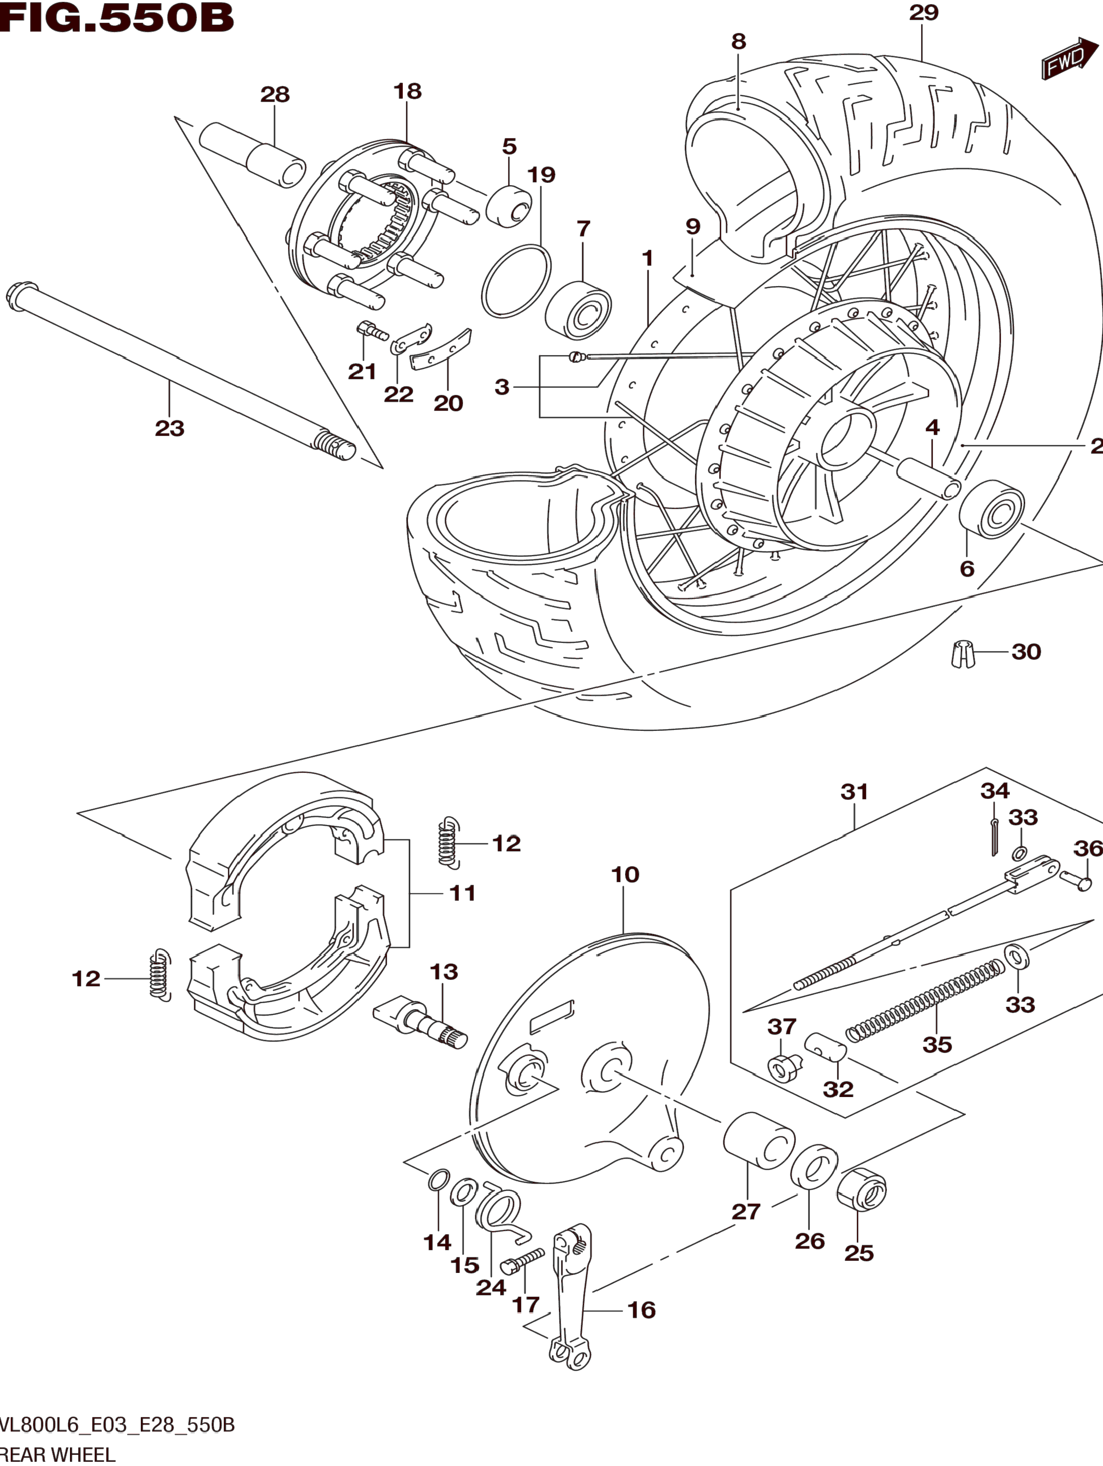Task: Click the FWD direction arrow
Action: (1070, 58)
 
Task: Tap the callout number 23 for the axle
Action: (169, 428)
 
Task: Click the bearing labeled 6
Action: (991, 510)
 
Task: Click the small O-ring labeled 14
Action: (438, 1180)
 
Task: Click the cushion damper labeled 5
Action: (509, 206)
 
